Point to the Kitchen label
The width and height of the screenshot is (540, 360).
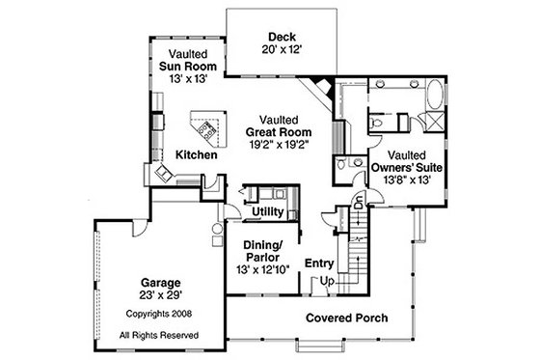[196, 155]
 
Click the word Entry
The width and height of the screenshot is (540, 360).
[319, 263]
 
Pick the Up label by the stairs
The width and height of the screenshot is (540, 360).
[328, 281]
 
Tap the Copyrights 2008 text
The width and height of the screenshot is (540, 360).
[159, 316]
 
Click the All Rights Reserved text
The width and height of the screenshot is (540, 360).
[159, 334]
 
